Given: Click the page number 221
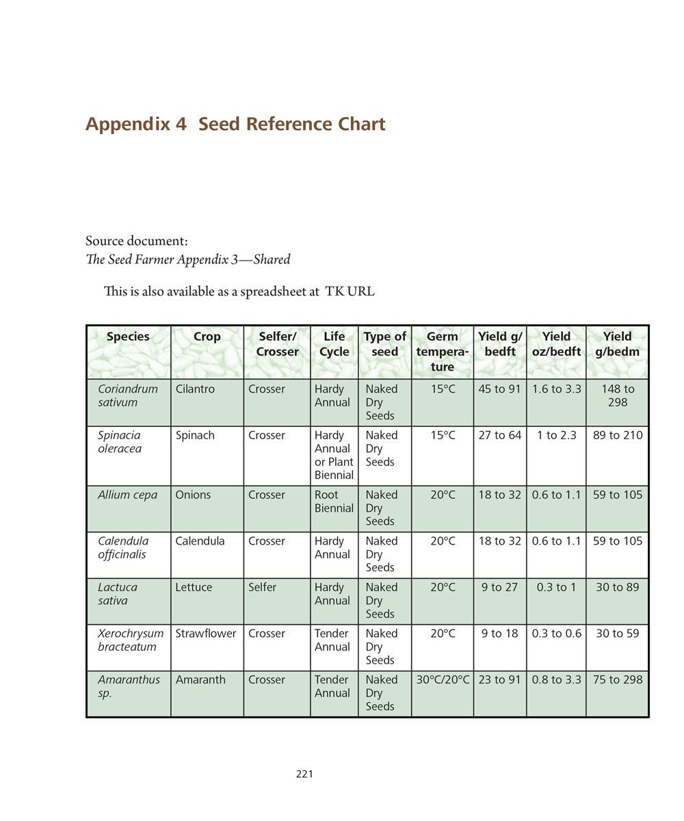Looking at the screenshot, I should tap(304, 774).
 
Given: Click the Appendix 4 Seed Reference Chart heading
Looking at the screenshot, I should tap(235, 124).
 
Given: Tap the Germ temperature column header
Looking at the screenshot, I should tap(442, 351).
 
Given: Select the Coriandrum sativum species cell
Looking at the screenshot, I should tap(128, 395).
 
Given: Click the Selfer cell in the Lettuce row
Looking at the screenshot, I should tap(263, 587).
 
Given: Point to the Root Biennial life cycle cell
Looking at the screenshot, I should tap(334, 501).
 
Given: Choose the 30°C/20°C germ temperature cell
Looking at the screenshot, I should tap(443, 679).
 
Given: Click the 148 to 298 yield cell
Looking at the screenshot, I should tap(617, 395).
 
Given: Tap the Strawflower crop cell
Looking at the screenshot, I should tap(205, 634).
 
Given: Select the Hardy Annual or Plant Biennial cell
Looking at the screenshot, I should tap(334, 455).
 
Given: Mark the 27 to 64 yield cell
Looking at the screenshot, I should tap(499, 435).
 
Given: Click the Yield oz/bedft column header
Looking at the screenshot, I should tap(556, 343).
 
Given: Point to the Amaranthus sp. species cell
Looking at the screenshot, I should tap(129, 686).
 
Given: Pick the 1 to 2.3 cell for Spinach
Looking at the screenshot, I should tap(556, 435).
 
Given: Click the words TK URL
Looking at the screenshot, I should tap(350, 291).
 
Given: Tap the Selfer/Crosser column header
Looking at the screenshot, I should tap(277, 343).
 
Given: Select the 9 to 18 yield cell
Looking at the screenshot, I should tap(499, 634).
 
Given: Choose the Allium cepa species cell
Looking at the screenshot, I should tap(127, 495).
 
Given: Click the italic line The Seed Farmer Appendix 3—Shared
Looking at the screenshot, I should tap(188, 259).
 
